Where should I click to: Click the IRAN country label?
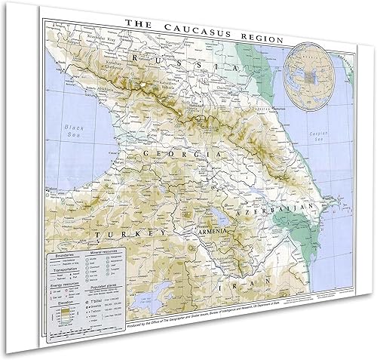tap(227, 288)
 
